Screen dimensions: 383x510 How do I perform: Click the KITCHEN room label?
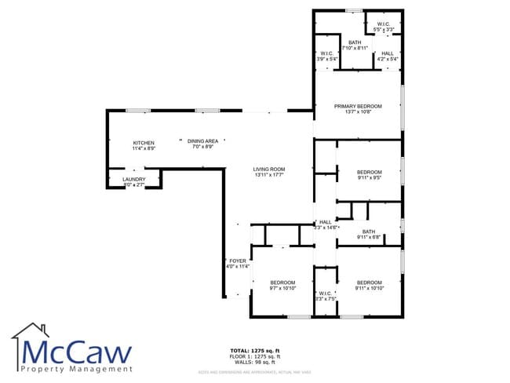(144, 143)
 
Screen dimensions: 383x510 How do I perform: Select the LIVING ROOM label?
(268, 170)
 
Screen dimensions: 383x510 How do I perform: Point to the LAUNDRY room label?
(133, 180)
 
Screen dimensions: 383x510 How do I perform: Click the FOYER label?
(238, 261)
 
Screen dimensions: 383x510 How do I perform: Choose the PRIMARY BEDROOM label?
(358, 106)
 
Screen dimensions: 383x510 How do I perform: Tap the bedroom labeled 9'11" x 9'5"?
(369, 173)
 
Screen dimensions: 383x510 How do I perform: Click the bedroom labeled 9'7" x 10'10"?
(282, 283)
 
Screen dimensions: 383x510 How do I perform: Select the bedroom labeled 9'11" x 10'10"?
(369, 283)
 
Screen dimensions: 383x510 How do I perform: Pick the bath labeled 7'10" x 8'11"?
(355, 43)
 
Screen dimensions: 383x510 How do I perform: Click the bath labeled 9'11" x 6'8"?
(368, 232)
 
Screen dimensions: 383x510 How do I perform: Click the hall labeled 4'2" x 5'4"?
(388, 53)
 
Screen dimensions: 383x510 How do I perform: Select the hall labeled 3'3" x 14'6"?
(325, 223)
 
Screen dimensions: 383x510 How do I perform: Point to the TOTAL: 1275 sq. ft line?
(255, 350)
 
